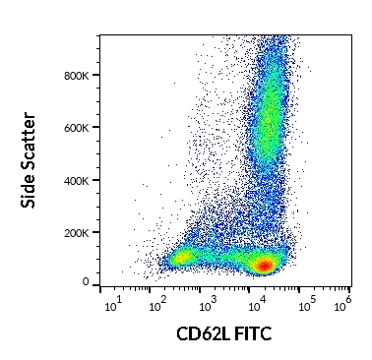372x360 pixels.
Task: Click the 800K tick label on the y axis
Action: pyautogui.click(x=79, y=75)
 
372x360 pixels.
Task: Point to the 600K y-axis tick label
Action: pyautogui.click(x=79, y=127)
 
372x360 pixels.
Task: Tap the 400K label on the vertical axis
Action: pyautogui.click(x=79, y=179)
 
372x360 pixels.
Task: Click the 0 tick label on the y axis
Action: pyautogui.click(x=87, y=282)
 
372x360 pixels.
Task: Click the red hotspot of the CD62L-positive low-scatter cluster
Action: pyautogui.click(x=263, y=265)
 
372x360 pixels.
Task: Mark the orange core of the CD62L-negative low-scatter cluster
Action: pyautogui.click(x=180, y=259)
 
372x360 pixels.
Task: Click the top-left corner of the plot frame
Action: pyautogui.click(x=99, y=35)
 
